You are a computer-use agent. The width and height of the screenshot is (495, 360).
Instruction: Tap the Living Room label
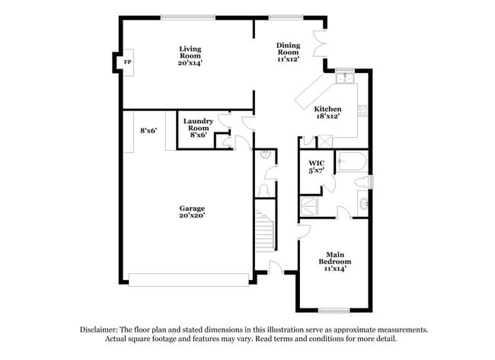[x=190, y=53]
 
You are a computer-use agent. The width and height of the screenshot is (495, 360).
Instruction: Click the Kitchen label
[x=327, y=109]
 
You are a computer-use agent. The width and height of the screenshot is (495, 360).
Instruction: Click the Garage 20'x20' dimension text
[x=192, y=215]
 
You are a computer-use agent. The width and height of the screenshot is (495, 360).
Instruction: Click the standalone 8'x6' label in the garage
[x=148, y=131]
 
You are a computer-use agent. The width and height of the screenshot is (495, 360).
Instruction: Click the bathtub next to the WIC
[x=352, y=161]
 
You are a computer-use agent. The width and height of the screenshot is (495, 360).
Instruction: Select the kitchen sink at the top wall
[x=345, y=77]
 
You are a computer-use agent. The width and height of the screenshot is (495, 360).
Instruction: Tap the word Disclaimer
[x=101, y=330]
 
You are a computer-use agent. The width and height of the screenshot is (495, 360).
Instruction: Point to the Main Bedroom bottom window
[x=334, y=310]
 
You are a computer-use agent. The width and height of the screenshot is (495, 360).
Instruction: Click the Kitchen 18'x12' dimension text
[x=327, y=116]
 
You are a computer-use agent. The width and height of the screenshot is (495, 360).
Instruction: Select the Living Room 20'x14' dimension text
[x=190, y=64]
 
